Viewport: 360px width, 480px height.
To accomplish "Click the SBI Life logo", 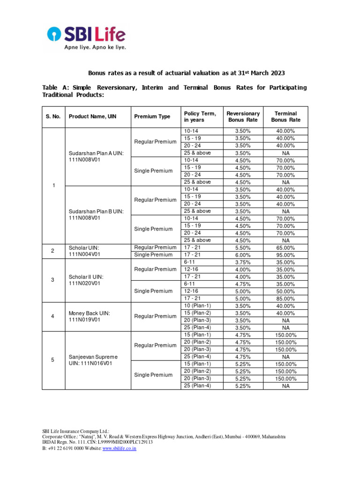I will [86, 34].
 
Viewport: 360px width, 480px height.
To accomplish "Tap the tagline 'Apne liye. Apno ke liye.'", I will [95, 47].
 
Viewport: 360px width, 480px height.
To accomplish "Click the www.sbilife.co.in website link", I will [119, 448].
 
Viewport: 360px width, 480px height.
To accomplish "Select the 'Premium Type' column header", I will [152, 117].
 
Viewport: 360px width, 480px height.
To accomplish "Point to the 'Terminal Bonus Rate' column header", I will [285, 117].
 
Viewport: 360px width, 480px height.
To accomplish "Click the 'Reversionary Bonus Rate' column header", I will [243, 117].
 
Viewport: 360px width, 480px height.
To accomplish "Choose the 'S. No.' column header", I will [53, 117].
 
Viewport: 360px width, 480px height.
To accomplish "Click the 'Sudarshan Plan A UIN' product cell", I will [96, 157].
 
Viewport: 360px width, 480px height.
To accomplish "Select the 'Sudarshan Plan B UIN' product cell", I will [96, 215].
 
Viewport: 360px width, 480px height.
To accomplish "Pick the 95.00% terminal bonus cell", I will [285, 255].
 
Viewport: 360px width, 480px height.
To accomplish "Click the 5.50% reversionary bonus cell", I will [243, 247].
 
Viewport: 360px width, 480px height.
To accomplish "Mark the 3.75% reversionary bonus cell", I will [243, 262].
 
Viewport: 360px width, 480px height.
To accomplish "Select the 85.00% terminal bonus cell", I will [285, 299].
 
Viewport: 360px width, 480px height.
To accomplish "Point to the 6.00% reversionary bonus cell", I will [243, 255].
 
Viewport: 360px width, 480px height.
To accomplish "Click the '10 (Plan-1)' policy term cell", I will [197, 306].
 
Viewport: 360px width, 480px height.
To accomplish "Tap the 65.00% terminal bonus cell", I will [285, 247].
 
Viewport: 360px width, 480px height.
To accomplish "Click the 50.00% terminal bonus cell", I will [285, 291].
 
